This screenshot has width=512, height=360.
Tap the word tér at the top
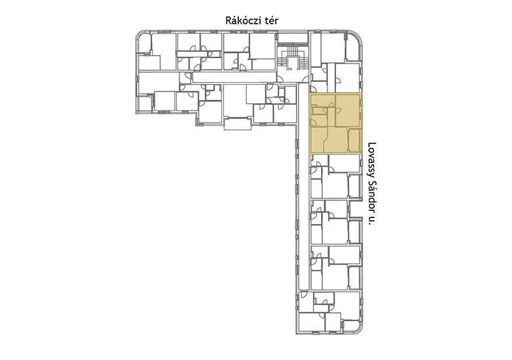tap(272, 20)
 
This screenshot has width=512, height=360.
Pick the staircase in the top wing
tap(293, 58)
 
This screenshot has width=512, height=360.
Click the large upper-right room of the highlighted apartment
tap(348, 110)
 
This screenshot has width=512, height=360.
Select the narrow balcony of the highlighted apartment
tap(355, 141)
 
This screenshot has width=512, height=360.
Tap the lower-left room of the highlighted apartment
tap(318, 141)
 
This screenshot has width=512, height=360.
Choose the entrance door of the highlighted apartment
tap(312, 123)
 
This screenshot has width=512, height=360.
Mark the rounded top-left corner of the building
tap(140, 35)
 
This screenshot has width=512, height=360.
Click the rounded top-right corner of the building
tap(357, 36)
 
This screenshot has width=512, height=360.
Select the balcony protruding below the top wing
tap(238, 124)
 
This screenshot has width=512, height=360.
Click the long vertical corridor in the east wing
tap(303, 187)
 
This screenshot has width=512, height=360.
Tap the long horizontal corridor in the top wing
tap(233, 78)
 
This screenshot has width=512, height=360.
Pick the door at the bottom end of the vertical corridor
tap(303, 294)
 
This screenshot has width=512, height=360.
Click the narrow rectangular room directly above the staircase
tap(293, 38)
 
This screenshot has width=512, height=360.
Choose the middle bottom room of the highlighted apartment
tap(337, 141)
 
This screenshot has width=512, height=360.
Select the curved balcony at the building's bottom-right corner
tap(352, 326)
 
